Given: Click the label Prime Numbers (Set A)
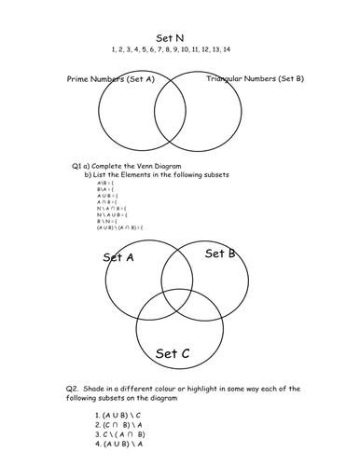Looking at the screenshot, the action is (x=110, y=80).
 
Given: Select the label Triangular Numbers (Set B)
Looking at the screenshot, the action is (x=254, y=80).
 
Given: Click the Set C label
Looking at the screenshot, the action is (x=173, y=353).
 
